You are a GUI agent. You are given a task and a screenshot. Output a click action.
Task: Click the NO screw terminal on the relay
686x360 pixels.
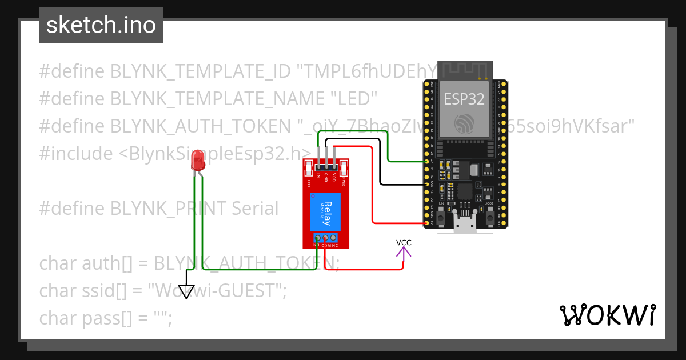[x=317, y=238]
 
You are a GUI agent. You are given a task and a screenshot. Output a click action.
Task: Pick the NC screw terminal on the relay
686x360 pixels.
[x=334, y=238]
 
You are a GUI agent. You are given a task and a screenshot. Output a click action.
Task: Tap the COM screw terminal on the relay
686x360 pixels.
[x=326, y=238]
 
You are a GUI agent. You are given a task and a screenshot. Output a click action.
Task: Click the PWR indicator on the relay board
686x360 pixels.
[x=344, y=169]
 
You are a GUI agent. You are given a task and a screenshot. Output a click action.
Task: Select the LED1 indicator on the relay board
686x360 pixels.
[x=308, y=169]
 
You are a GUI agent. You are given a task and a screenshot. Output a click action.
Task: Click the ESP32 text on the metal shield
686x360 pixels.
[x=465, y=99]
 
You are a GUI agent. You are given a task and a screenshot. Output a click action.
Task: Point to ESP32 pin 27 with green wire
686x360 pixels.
[x=426, y=162]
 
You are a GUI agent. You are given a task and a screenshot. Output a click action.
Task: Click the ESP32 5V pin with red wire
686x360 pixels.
[x=426, y=222]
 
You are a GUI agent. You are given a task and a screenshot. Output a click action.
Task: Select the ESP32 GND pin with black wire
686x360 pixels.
[x=426, y=185]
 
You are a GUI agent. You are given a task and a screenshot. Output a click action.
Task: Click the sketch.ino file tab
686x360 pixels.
[x=101, y=25]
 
